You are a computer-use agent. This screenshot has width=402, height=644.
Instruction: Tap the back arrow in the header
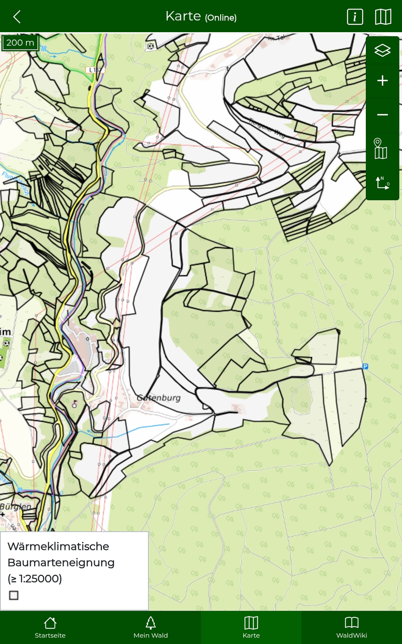[x=17, y=17]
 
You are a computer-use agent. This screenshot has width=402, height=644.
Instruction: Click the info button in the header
[x=355, y=17]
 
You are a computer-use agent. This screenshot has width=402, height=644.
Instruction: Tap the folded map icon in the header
[x=383, y=17]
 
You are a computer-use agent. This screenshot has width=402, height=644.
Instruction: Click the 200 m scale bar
[x=20, y=43]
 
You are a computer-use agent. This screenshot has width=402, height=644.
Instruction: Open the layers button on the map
[x=382, y=50]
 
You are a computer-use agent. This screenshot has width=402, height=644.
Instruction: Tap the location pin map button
[x=380, y=149]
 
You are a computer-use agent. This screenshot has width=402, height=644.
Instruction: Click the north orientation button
[x=382, y=183]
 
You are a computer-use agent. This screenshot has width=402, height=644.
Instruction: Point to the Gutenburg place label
[x=159, y=398]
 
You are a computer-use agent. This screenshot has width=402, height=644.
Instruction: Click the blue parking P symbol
[x=365, y=366]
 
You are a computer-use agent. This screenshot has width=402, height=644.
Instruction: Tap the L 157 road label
[x=95, y=70]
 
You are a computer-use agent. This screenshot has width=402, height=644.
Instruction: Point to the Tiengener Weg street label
[x=267, y=128]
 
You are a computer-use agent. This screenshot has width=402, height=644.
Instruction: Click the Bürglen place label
[x=15, y=506]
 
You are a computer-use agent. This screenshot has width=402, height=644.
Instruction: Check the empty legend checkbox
[x=14, y=595]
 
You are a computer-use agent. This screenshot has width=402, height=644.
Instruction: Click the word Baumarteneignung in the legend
[x=61, y=562]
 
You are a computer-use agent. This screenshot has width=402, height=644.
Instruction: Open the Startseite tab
[x=50, y=627]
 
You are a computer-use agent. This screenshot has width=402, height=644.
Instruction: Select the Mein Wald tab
[x=151, y=627]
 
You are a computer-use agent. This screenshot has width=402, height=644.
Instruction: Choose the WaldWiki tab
[x=352, y=627]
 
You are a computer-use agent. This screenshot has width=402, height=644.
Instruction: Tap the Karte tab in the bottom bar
[x=251, y=627]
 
